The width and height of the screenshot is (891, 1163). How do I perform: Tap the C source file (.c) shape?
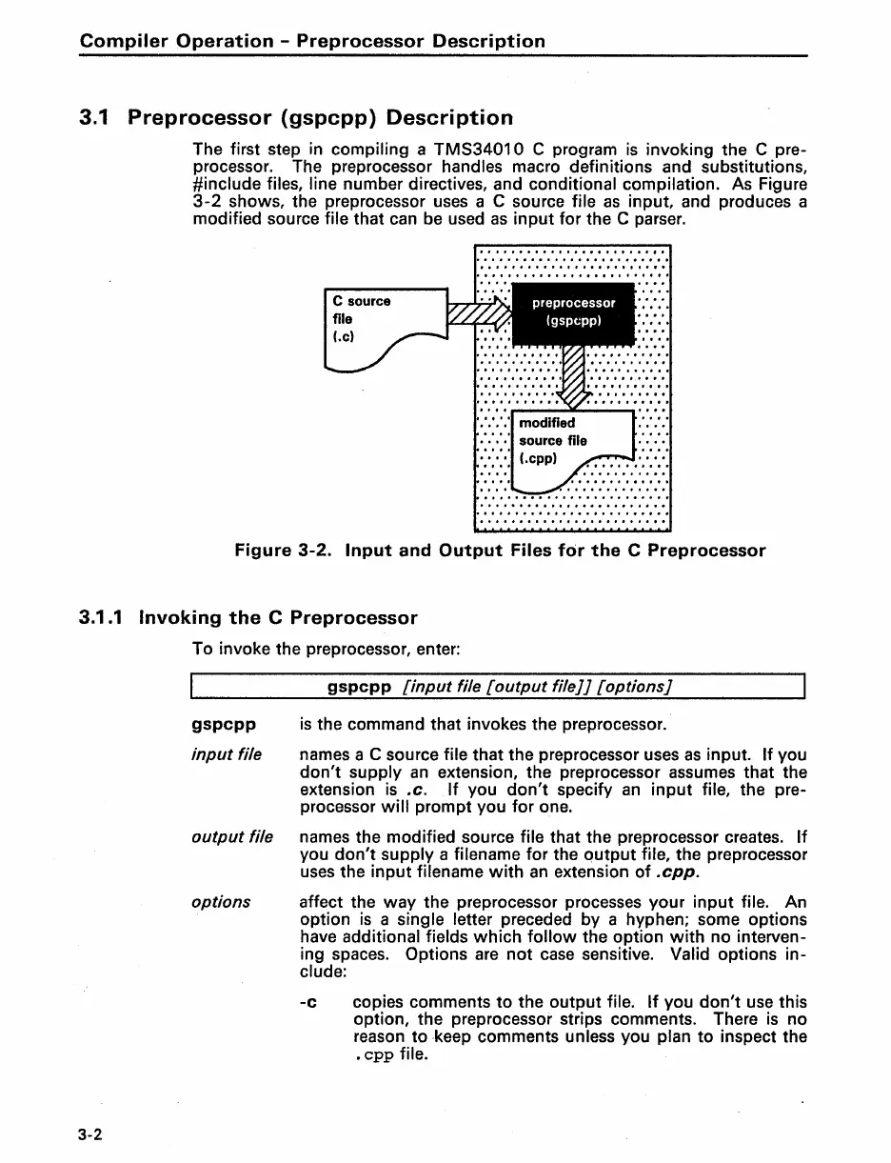click(x=375, y=324)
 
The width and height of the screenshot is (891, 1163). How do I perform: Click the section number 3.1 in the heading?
click(x=96, y=118)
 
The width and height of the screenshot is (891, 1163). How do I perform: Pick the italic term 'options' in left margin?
click(x=221, y=901)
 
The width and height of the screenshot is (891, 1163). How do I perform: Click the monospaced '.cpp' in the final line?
click(x=373, y=1054)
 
